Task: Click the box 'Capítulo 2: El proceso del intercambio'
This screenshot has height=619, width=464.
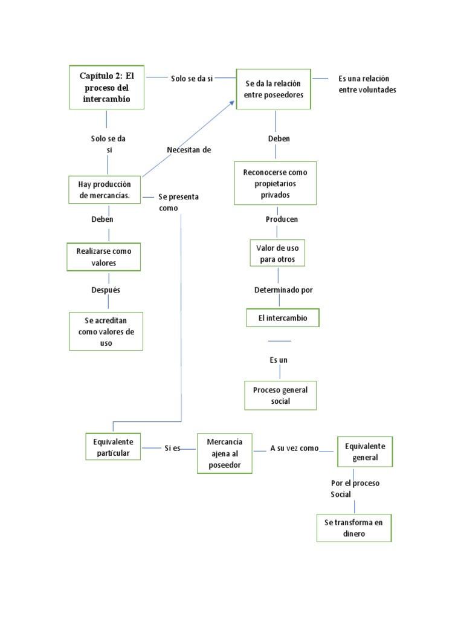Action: [106, 87]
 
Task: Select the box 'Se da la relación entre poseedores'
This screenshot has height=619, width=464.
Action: [273, 89]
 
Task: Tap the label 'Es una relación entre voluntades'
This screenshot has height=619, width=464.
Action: [367, 84]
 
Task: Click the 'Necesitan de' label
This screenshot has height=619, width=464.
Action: [188, 150]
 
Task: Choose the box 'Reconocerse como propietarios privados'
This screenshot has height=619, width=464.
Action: [275, 184]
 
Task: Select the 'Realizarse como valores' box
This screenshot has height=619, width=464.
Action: [104, 257]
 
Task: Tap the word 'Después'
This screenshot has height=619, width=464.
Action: [106, 290]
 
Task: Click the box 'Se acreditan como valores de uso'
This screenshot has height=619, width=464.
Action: [106, 331]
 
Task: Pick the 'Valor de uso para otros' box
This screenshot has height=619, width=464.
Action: [277, 253]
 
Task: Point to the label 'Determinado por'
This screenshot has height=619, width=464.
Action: [283, 290]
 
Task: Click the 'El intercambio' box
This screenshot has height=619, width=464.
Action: [282, 318]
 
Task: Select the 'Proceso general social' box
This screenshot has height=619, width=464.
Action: [280, 395]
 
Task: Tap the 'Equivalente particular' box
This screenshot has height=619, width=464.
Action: [113, 447]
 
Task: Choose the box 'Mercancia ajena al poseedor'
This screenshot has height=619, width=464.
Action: [224, 453]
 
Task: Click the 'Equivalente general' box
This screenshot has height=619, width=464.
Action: [365, 452]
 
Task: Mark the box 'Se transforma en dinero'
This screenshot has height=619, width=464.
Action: [353, 528]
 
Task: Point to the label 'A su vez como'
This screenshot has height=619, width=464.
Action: [294, 448]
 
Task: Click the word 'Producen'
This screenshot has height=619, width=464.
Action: [282, 219]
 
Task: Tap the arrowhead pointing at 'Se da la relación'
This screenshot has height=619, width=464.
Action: [232, 103]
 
